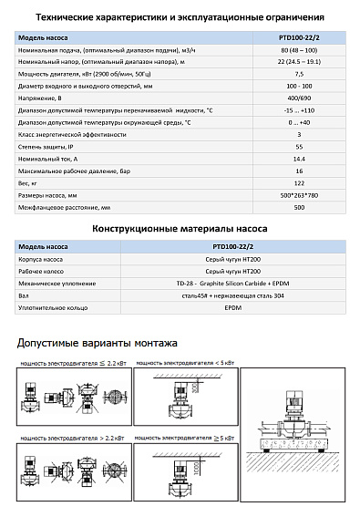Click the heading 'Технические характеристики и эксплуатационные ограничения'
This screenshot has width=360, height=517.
click(180, 16)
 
